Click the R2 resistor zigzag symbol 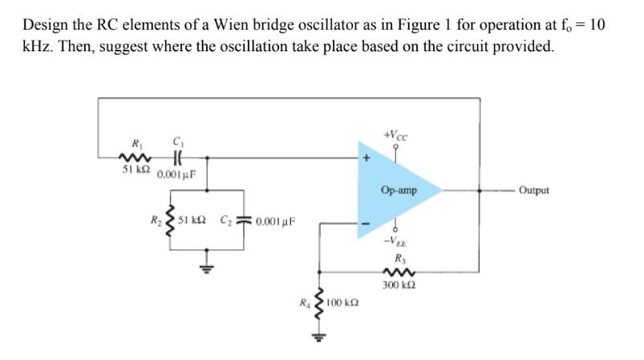[167, 220]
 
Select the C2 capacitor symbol [245, 220]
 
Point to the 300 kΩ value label [399, 285]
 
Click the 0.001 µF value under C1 [176, 174]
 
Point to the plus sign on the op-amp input [367, 160]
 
